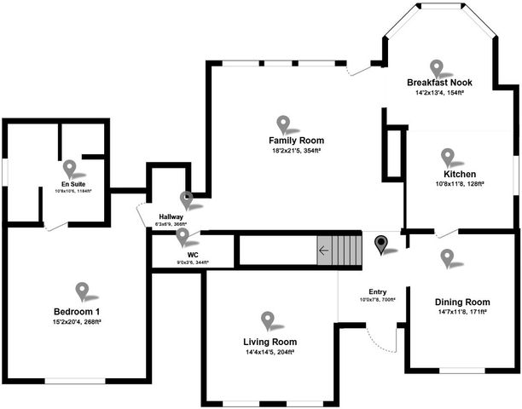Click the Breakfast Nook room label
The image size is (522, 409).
click(439, 83)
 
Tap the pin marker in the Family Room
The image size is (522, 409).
click(283, 124)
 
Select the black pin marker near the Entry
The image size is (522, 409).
click(382, 245)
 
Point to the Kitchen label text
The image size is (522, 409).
click(448, 174)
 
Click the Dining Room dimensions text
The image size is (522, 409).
click(461, 313)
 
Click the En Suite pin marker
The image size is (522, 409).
click(70, 169)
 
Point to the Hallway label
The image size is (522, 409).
click(170, 216)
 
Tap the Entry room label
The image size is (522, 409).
click(378, 291)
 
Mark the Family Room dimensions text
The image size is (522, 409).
click(296, 151)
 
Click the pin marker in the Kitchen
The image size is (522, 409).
click(448, 157)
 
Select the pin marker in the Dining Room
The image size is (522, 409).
click(447, 256)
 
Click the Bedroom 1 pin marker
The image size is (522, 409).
click(82, 291)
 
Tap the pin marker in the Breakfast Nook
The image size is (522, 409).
click(438, 67)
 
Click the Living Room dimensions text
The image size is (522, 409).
click(270, 352)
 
